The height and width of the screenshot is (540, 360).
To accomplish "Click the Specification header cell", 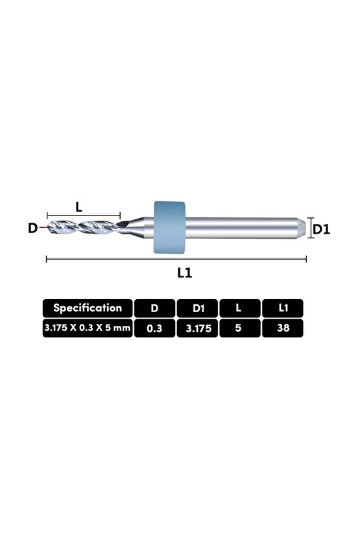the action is [x=88, y=308].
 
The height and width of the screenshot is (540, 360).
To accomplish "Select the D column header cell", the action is [x=154, y=308].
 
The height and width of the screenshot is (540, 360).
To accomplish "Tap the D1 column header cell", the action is [x=197, y=308].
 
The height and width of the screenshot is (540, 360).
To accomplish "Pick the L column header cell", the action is [x=240, y=308].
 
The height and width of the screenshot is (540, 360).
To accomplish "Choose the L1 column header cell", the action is [x=283, y=308].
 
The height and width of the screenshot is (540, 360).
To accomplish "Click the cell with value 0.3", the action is [x=154, y=328].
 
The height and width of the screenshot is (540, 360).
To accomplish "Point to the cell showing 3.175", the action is [x=197, y=328].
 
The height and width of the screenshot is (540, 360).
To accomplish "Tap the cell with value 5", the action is [x=240, y=328].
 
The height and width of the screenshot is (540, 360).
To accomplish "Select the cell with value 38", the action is [x=283, y=328].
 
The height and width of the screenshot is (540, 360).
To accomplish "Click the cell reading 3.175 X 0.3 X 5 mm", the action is [x=88, y=328].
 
